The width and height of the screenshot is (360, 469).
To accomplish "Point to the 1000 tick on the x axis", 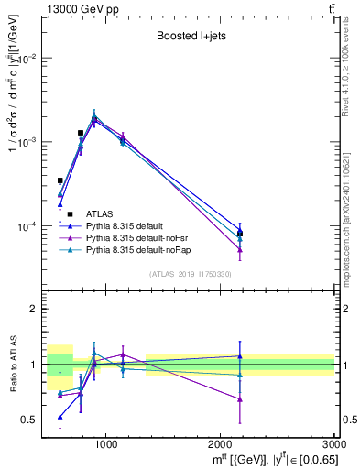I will pyautogui.click(x=105, y=443).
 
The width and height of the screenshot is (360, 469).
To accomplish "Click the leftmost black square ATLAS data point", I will pyautogui.click(x=60, y=180).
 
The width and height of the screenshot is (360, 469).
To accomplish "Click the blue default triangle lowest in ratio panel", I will pyautogui.click(x=60, y=417).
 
